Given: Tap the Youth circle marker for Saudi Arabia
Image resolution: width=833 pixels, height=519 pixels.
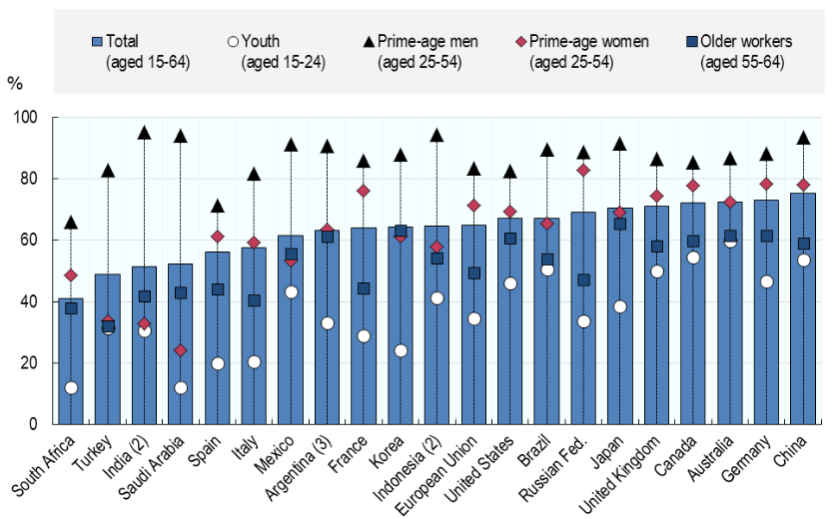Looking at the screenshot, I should [x=181, y=387].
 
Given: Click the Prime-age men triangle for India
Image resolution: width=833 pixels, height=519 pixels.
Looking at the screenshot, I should [x=144, y=133].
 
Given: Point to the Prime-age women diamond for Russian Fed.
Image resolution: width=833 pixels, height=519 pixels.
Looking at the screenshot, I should [x=583, y=171].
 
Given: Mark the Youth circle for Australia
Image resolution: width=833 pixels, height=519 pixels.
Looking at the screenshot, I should [x=730, y=241].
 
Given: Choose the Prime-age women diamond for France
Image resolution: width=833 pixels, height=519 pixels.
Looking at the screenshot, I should [x=364, y=191].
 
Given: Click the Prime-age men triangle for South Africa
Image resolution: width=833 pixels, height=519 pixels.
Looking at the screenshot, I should [x=71, y=223].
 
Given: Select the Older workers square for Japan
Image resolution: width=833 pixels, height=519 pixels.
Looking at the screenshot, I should [x=620, y=224].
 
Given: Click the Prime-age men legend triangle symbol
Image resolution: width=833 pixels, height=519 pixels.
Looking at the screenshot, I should [x=368, y=41].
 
